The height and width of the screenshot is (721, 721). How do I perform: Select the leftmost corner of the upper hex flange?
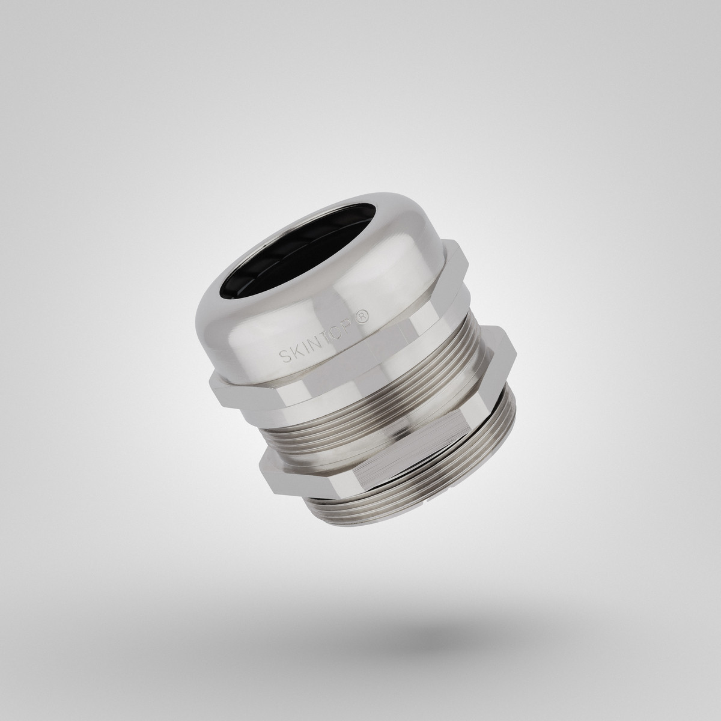coord(211,385)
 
